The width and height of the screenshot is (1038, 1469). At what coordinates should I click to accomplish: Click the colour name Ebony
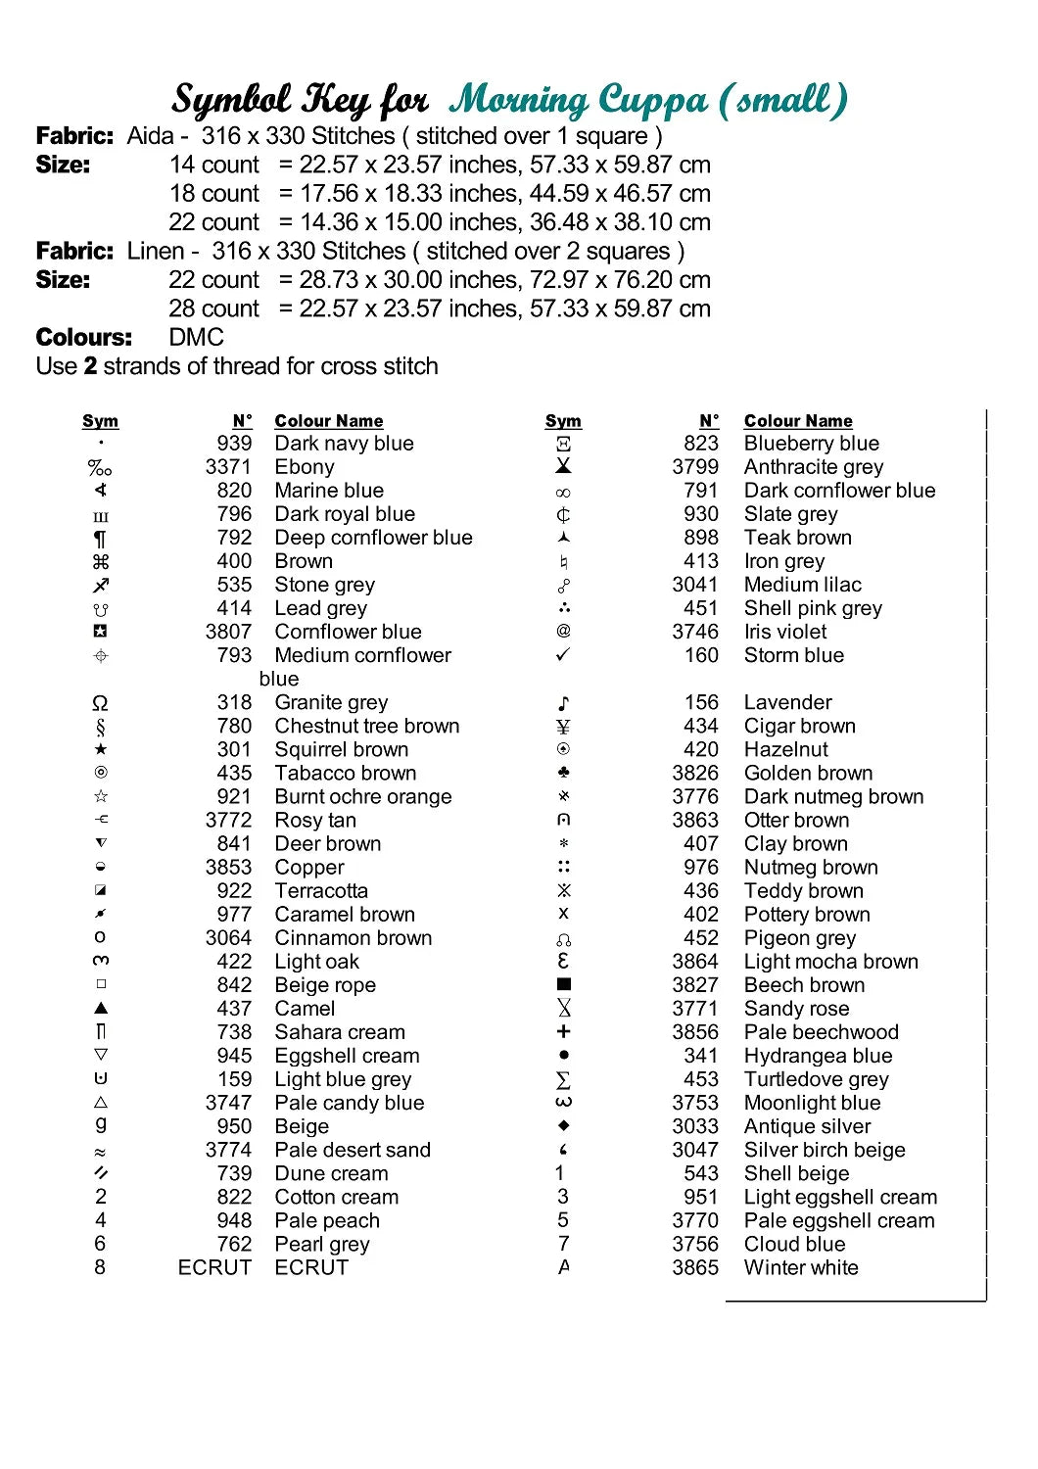(305, 467)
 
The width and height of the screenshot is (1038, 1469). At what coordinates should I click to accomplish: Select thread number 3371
(228, 467)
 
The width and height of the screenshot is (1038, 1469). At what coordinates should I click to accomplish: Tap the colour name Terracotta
(321, 891)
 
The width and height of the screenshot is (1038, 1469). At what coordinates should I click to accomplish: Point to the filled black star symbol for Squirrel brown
(100, 749)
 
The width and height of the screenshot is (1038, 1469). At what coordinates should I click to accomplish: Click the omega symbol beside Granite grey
(100, 703)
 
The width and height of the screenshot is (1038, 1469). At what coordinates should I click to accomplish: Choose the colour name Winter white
(801, 1267)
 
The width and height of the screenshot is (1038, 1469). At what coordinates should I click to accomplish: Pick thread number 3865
(695, 1267)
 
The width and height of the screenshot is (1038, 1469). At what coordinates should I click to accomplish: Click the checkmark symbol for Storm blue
(563, 654)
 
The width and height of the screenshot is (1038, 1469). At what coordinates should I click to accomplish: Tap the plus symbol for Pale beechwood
(563, 1031)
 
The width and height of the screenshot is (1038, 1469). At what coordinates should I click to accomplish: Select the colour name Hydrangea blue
(818, 1056)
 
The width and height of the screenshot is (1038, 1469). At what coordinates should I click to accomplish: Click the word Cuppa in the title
(652, 101)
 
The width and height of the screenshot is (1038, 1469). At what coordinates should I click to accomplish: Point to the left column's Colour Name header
(329, 421)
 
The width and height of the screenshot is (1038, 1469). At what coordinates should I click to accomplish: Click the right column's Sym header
(563, 421)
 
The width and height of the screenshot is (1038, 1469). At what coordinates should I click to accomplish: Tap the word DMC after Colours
(197, 338)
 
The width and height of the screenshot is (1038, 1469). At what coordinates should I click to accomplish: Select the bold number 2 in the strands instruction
(90, 366)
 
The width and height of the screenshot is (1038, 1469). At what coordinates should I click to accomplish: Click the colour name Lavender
(787, 702)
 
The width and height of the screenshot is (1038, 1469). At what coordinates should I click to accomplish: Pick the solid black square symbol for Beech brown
(563, 984)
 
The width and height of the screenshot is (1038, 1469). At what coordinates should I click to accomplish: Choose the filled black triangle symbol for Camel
(100, 1008)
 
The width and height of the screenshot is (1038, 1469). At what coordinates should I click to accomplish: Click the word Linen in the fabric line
(156, 252)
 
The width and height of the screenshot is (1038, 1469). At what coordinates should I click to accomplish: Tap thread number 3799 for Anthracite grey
(695, 467)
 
